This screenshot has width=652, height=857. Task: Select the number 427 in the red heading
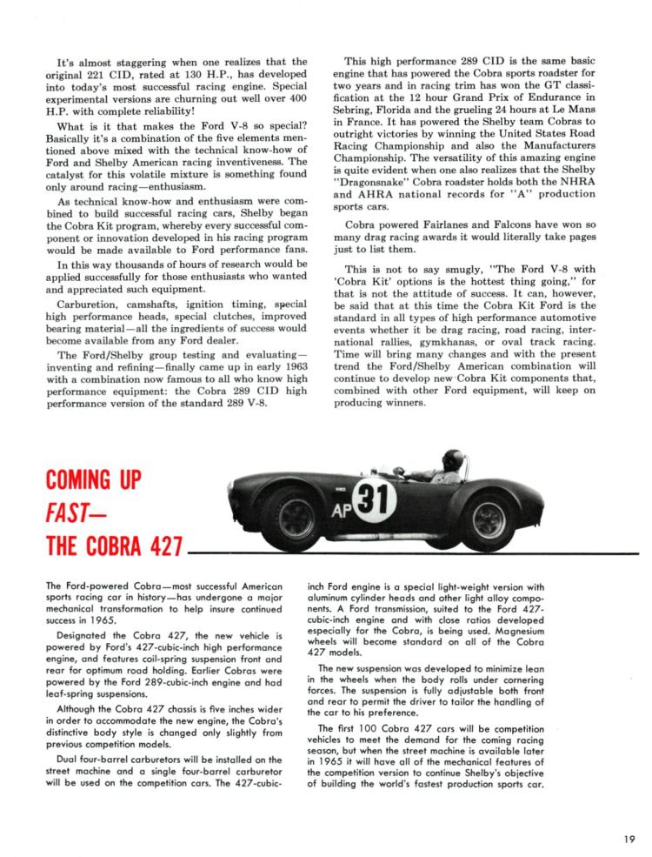(159, 546)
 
